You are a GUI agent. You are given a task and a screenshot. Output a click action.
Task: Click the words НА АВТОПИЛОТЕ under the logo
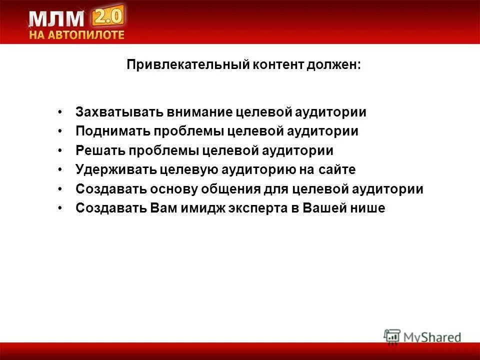pos(76,35)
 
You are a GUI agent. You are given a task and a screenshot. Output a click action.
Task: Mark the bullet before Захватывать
pos(60,112)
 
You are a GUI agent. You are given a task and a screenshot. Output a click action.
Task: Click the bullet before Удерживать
pos(60,170)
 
